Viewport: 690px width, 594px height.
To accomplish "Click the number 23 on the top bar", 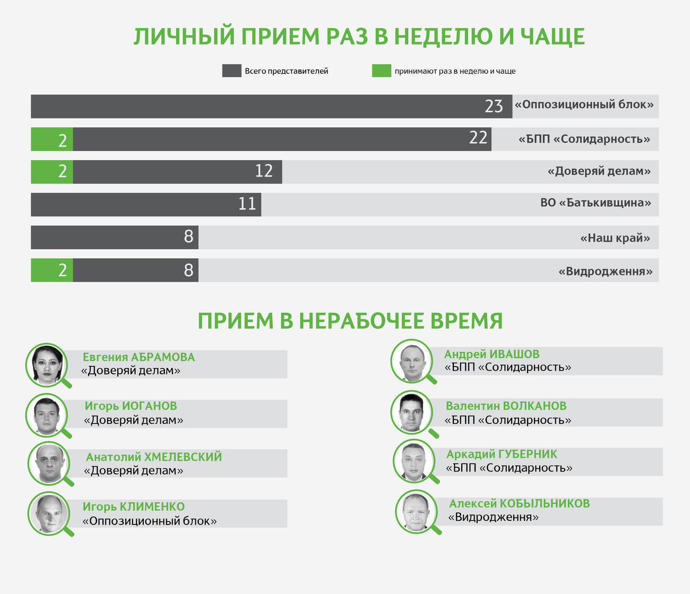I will pos(494,106).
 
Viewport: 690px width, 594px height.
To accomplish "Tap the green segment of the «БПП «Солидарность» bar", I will pos(52,139).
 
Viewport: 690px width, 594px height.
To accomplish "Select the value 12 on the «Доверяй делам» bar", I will pos(264,171).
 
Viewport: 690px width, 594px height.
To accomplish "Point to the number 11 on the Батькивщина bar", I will pos(247,204).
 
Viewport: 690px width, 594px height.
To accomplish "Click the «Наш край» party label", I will pos(615,238).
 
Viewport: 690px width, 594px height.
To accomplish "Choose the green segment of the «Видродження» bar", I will pos(52,270).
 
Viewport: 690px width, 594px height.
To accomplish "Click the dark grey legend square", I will pos(231,71).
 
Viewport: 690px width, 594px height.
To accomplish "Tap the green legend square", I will pos(381,71).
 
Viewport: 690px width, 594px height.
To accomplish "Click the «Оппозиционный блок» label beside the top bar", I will pos(584,104).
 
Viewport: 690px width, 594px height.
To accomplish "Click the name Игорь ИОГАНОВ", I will pos(131,406).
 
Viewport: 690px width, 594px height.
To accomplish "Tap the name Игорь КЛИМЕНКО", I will pos(134,507).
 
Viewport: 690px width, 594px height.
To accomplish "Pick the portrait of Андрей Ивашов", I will pos(412,361).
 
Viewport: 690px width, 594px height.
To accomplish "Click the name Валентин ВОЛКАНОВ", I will pos(506,406).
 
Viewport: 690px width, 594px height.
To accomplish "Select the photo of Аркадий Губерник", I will pos(414,461).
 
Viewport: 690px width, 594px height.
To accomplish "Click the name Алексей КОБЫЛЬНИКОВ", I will pos(519,504).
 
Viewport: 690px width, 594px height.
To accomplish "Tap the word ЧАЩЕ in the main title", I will pos(552,37).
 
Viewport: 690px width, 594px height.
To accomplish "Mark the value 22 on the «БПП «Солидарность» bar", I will pos(478,138).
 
